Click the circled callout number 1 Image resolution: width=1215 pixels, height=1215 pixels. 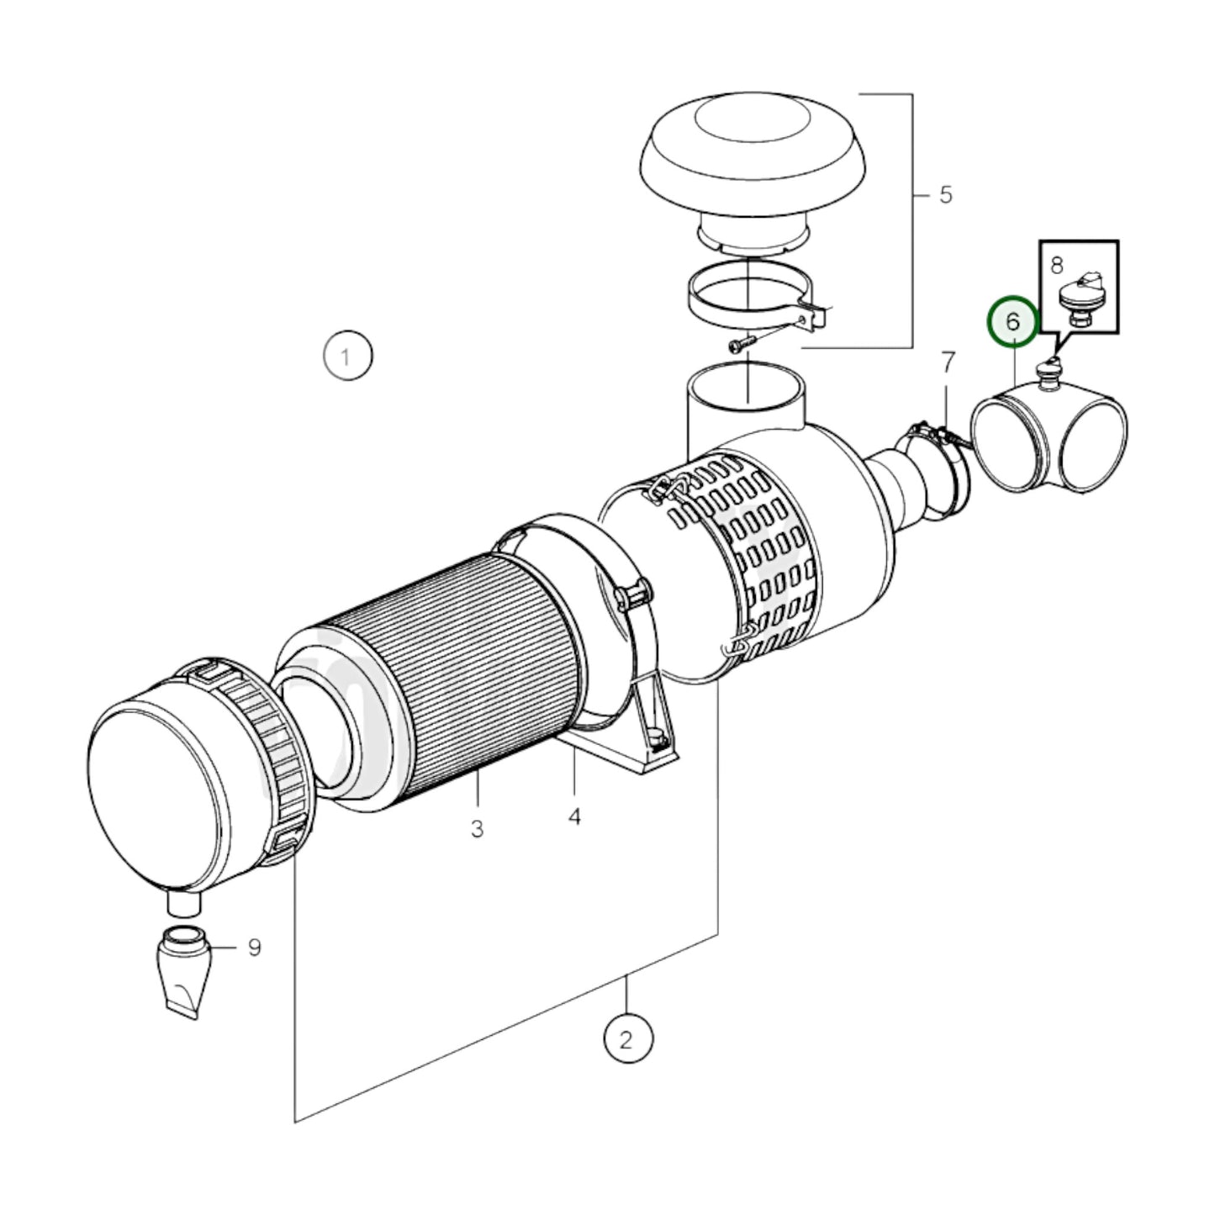pyautogui.click(x=347, y=357)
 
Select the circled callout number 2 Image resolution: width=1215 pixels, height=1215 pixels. pyautogui.click(x=627, y=1040)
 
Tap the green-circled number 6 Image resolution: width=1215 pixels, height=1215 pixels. pyautogui.click(x=1012, y=321)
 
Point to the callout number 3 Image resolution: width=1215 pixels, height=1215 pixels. pyautogui.click(x=477, y=829)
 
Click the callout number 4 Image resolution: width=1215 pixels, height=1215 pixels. pyautogui.click(x=574, y=816)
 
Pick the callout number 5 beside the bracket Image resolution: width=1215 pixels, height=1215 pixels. pyautogui.click(x=945, y=195)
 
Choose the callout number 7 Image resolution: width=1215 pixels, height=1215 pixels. pyautogui.click(x=948, y=362)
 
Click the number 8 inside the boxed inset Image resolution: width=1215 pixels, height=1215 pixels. pyautogui.click(x=1057, y=265)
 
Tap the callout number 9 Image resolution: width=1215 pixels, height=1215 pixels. pyautogui.click(x=254, y=948)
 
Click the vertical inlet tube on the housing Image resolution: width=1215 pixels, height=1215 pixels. pyautogui.click(x=744, y=404)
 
